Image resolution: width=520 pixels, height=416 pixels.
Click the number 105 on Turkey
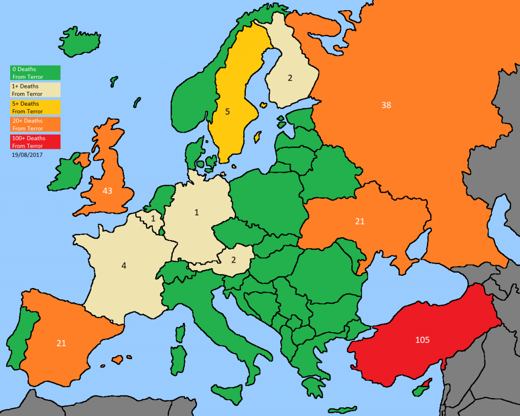coord(422,339)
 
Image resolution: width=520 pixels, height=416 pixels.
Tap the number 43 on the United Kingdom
coord(107,191)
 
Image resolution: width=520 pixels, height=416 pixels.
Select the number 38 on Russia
coord(386,105)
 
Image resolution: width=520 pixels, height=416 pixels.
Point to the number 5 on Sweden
coord(227,111)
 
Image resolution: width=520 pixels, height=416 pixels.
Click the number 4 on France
coord(123,265)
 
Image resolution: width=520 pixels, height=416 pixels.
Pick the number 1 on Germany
coord(197,212)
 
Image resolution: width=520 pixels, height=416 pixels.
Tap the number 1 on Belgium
coord(153,218)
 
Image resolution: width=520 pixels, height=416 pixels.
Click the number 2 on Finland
coord(290,78)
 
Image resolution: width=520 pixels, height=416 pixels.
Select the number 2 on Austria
coord(234,260)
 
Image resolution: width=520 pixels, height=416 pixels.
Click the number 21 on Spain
coord(61,343)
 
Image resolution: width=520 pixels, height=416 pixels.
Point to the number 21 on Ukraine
coord(360,221)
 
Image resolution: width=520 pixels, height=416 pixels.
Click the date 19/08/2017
coord(27,154)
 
